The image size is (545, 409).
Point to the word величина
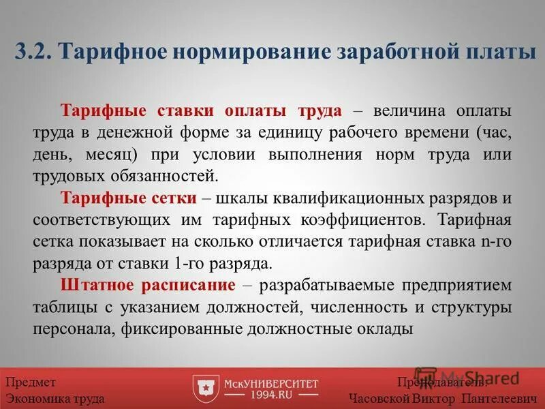[x=405, y=110]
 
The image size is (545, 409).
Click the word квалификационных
[x=334, y=198]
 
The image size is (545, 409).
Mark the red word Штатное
[x=93, y=285]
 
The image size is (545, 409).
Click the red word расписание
[x=192, y=285]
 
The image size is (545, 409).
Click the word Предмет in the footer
[x=31, y=383]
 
